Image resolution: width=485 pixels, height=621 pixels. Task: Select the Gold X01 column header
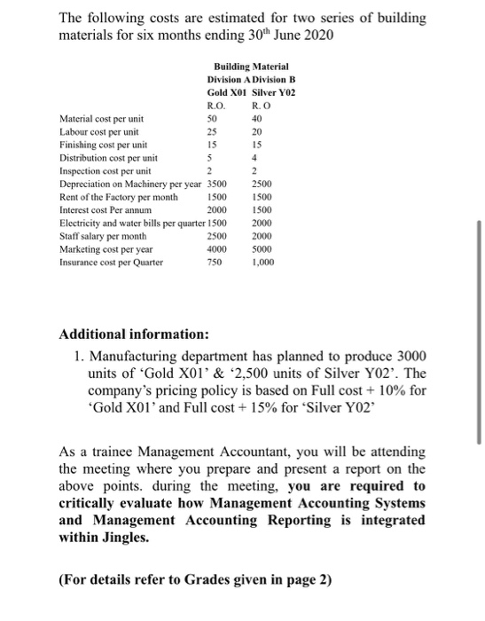coord(226,92)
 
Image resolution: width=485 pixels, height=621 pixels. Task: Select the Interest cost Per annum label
coord(102,209)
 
